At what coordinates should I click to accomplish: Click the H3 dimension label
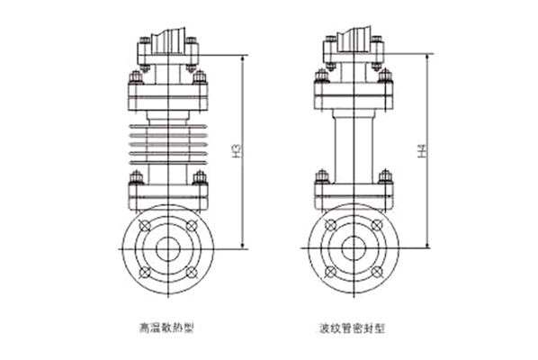[x=237, y=150]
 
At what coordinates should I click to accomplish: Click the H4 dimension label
[x=422, y=151]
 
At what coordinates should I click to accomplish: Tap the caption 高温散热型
[x=166, y=328]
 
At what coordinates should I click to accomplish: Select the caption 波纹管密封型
[x=352, y=328]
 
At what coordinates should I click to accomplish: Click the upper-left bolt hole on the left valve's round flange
[x=145, y=226]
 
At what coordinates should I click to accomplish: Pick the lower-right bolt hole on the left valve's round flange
[x=192, y=273]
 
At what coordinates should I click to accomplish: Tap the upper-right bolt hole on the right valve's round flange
[x=378, y=224]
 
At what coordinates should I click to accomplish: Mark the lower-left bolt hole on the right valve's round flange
[x=330, y=272]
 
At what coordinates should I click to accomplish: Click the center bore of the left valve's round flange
[x=168, y=249]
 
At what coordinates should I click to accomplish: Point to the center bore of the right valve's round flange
[x=354, y=247]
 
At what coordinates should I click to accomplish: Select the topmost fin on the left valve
[x=168, y=126]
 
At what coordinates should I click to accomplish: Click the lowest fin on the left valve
[x=168, y=162]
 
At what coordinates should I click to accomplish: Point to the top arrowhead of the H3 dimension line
[x=243, y=58]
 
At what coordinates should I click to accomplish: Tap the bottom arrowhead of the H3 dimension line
[x=243, y=245]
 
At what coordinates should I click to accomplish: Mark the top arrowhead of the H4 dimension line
[x=427, y=58]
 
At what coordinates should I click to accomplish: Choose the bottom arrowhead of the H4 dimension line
[x=427, y=244]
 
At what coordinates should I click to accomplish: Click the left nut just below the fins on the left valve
[x=137, y=178]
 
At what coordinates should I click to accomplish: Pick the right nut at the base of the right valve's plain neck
[x=385, y=176]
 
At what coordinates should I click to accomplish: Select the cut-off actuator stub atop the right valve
[x=354, y=40]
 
